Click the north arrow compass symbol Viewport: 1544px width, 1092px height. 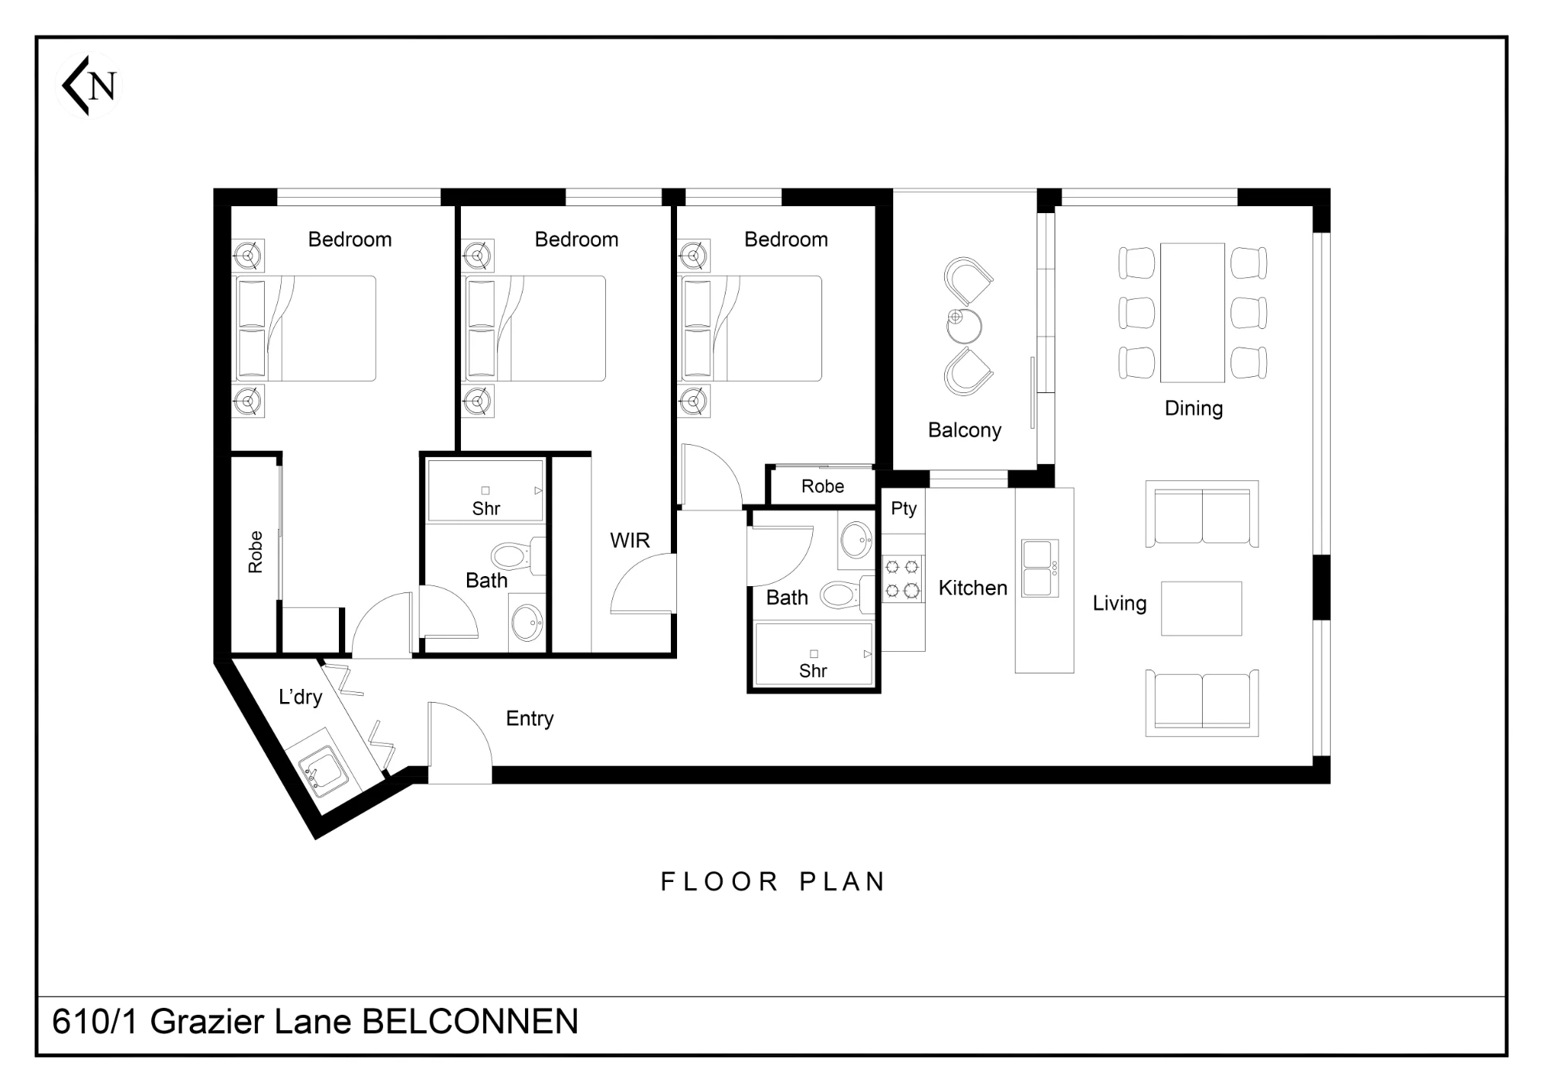pos(90,85)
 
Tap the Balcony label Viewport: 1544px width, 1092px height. pos(964,430)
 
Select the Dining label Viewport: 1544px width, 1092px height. pos(1194,409)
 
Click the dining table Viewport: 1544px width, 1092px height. pos(1192,313)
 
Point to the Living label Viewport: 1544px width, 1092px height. pos(1119,603)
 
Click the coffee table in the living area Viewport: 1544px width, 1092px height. pos(1201,609)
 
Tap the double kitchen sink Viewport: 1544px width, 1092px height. pos(1040,568)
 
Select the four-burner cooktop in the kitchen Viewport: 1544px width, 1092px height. pos(902,578)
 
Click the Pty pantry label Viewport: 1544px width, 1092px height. pos(903,509)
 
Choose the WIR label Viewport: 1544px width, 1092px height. pos(630,541)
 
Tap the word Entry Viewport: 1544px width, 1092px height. pos(530,719)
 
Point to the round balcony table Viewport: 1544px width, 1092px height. pos(964,327)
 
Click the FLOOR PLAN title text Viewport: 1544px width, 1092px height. pos(773,882)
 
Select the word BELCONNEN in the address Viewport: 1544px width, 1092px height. pos(470,1022)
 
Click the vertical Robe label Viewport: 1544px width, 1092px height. pos(256,552)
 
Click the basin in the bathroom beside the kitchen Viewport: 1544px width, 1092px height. pos(856,540)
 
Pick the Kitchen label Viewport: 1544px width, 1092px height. pos(973,588)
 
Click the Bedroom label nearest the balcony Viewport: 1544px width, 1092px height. pos(786,240)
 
